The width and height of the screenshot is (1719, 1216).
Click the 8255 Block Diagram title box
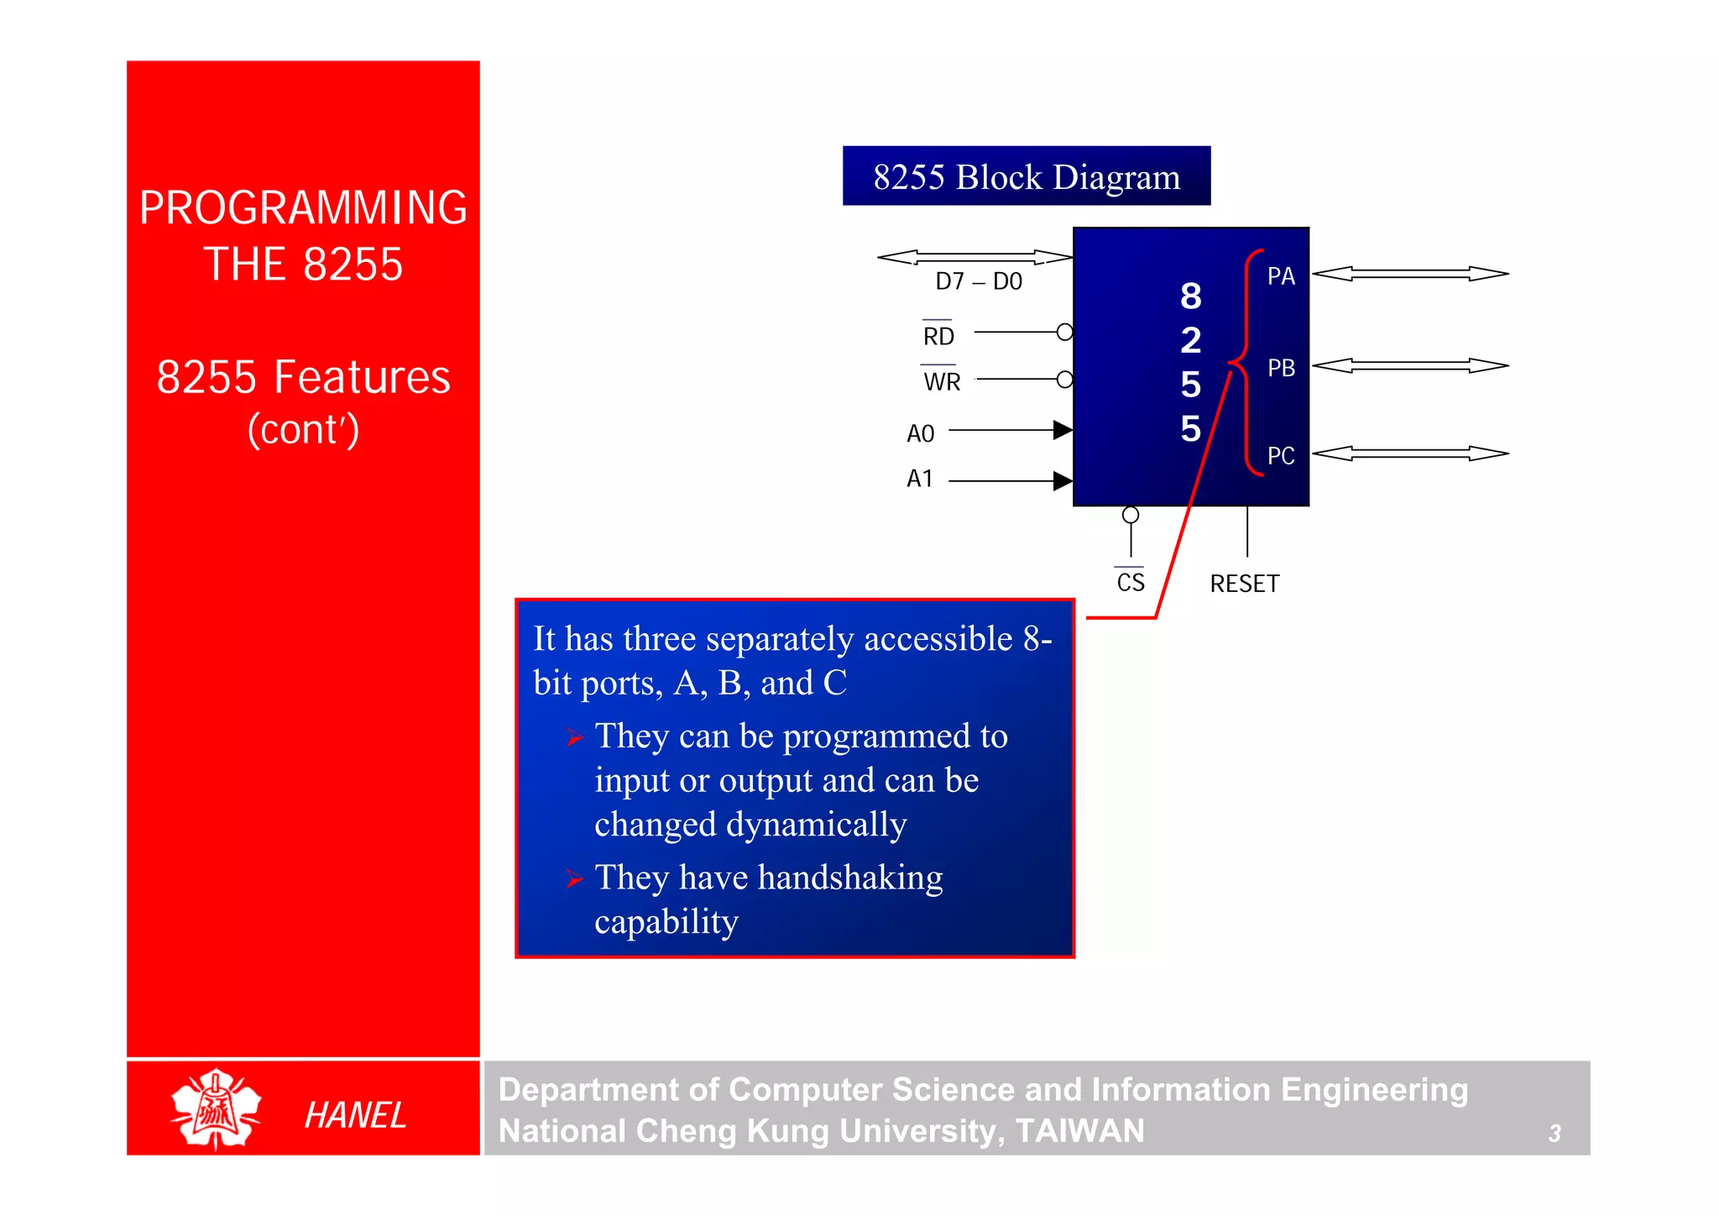point(1026,176)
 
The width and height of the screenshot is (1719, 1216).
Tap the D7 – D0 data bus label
point(978,281)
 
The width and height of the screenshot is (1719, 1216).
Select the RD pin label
point(938,337)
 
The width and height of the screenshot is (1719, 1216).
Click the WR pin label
point(942,382)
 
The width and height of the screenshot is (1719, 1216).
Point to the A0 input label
point(920,434)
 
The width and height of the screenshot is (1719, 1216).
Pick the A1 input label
point(920,479)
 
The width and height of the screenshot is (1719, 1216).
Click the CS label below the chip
point(1131,582)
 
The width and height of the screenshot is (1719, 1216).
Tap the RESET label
point(1244,584)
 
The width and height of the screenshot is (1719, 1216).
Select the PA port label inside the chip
point(1281,276)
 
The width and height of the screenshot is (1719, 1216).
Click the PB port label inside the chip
point(1281,368)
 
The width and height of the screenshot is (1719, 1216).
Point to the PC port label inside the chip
point(1281,456)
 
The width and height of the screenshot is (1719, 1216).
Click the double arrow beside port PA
point(1410,274)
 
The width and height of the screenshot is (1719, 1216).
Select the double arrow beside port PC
point(1410,453)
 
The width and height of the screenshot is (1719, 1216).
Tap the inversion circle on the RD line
point(1064,333)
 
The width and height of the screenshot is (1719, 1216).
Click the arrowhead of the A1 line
point(1063,481)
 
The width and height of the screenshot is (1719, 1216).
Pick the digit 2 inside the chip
point(1190,340)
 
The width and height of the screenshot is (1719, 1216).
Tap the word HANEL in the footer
point(355,1115)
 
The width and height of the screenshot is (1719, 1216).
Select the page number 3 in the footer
point(1554,1134)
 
